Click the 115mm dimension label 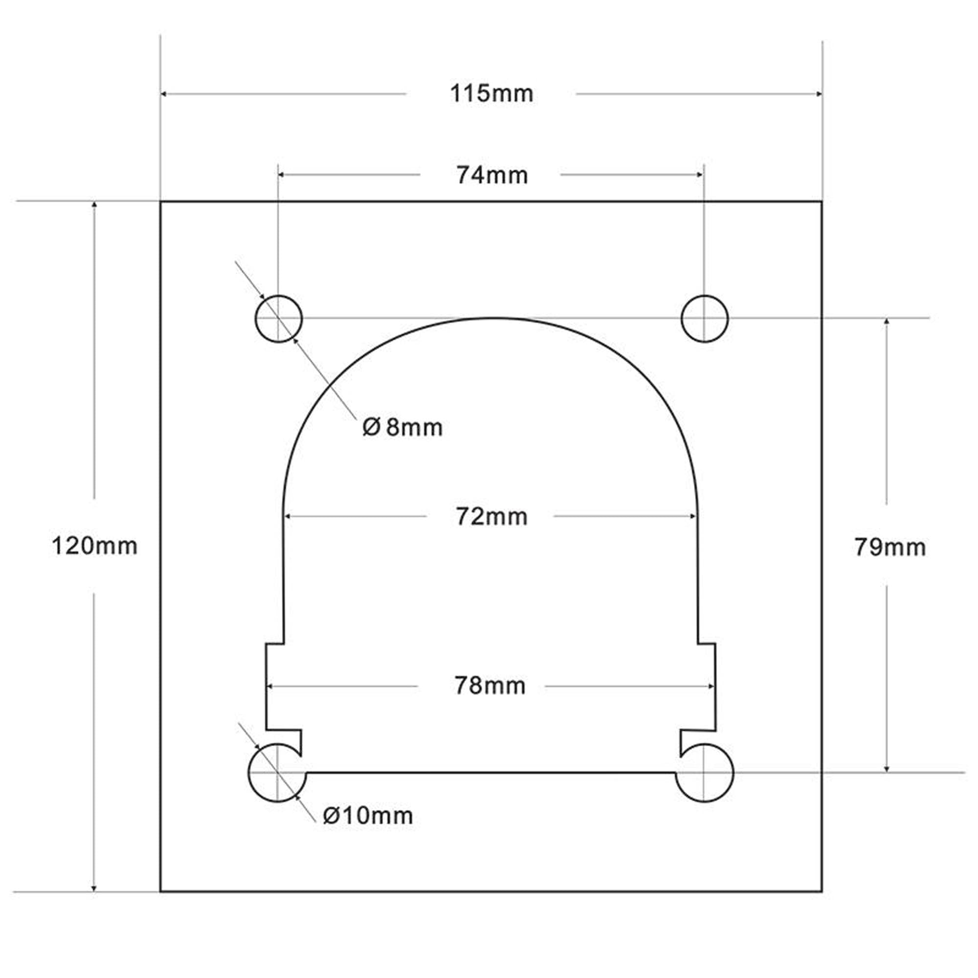(x=491, y=94)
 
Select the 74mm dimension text (x=491, y=175)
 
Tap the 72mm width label (x=491, y=517)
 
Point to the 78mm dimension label (x=489, y=686)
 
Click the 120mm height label (x=94, y=546)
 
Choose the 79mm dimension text (x=890, y=547)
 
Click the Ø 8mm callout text (x=402, y=428)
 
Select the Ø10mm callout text (x=368, y=816)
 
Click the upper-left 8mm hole (x=278, y=318)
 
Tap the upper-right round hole (x=704, y=318)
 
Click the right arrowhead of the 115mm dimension (x=819, y=94)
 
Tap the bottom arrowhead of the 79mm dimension (x=887, y=769)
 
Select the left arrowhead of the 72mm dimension (x=288, y=516)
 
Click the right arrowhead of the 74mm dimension (x=700, y=175)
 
